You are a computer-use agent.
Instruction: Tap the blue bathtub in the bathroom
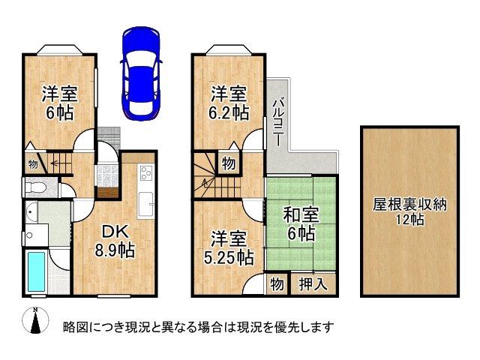click(36, 273)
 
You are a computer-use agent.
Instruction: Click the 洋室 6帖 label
click(55, 103)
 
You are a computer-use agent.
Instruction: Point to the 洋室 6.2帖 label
click(229, 103)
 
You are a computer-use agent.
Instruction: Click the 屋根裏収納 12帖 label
click(410, 211)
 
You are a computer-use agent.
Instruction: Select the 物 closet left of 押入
click(276, 284)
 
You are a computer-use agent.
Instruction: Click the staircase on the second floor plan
click(205, 175)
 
